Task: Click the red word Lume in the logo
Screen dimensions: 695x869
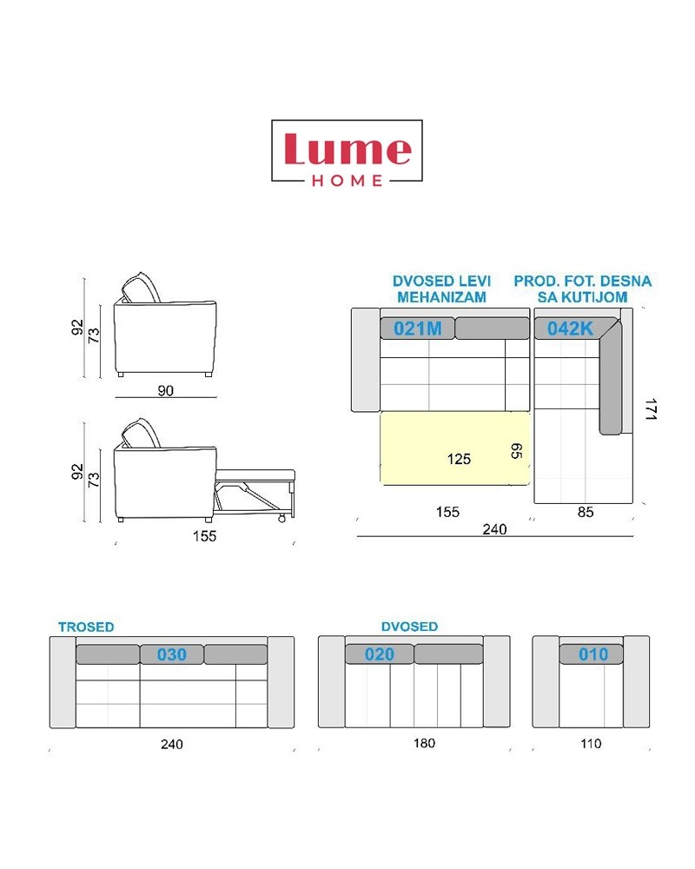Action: (x=348, y=149)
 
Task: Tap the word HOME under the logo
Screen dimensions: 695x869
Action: (x=347, y=181)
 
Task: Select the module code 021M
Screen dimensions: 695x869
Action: (x=417, y=328)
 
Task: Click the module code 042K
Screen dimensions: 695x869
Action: (x=570, y=328)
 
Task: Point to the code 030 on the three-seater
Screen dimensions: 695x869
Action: (x=172, y=654)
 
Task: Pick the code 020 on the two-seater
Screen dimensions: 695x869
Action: (x=380, y=654)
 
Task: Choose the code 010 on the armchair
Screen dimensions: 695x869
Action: (x=593, y=654)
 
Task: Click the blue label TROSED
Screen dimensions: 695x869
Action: (x=87, y=627)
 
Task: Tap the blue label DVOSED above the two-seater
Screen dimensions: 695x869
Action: (x=409, y=627)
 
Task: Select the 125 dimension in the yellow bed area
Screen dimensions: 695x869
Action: (x=459, y=459)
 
